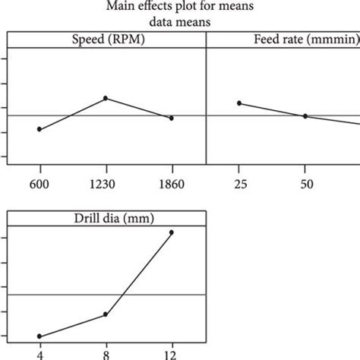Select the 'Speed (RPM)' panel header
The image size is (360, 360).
pos(106,39)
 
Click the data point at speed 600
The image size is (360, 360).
pos(39,129)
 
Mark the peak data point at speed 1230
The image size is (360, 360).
pos(106,98)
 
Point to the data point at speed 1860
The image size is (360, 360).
pos(172,118)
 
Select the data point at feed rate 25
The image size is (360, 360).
pos(239,103)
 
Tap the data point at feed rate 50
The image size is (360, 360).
pos(305,116)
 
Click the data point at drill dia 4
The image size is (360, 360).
pos(39,336)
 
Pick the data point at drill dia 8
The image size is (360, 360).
pos(106,314)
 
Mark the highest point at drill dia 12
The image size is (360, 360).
pos(172,232)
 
